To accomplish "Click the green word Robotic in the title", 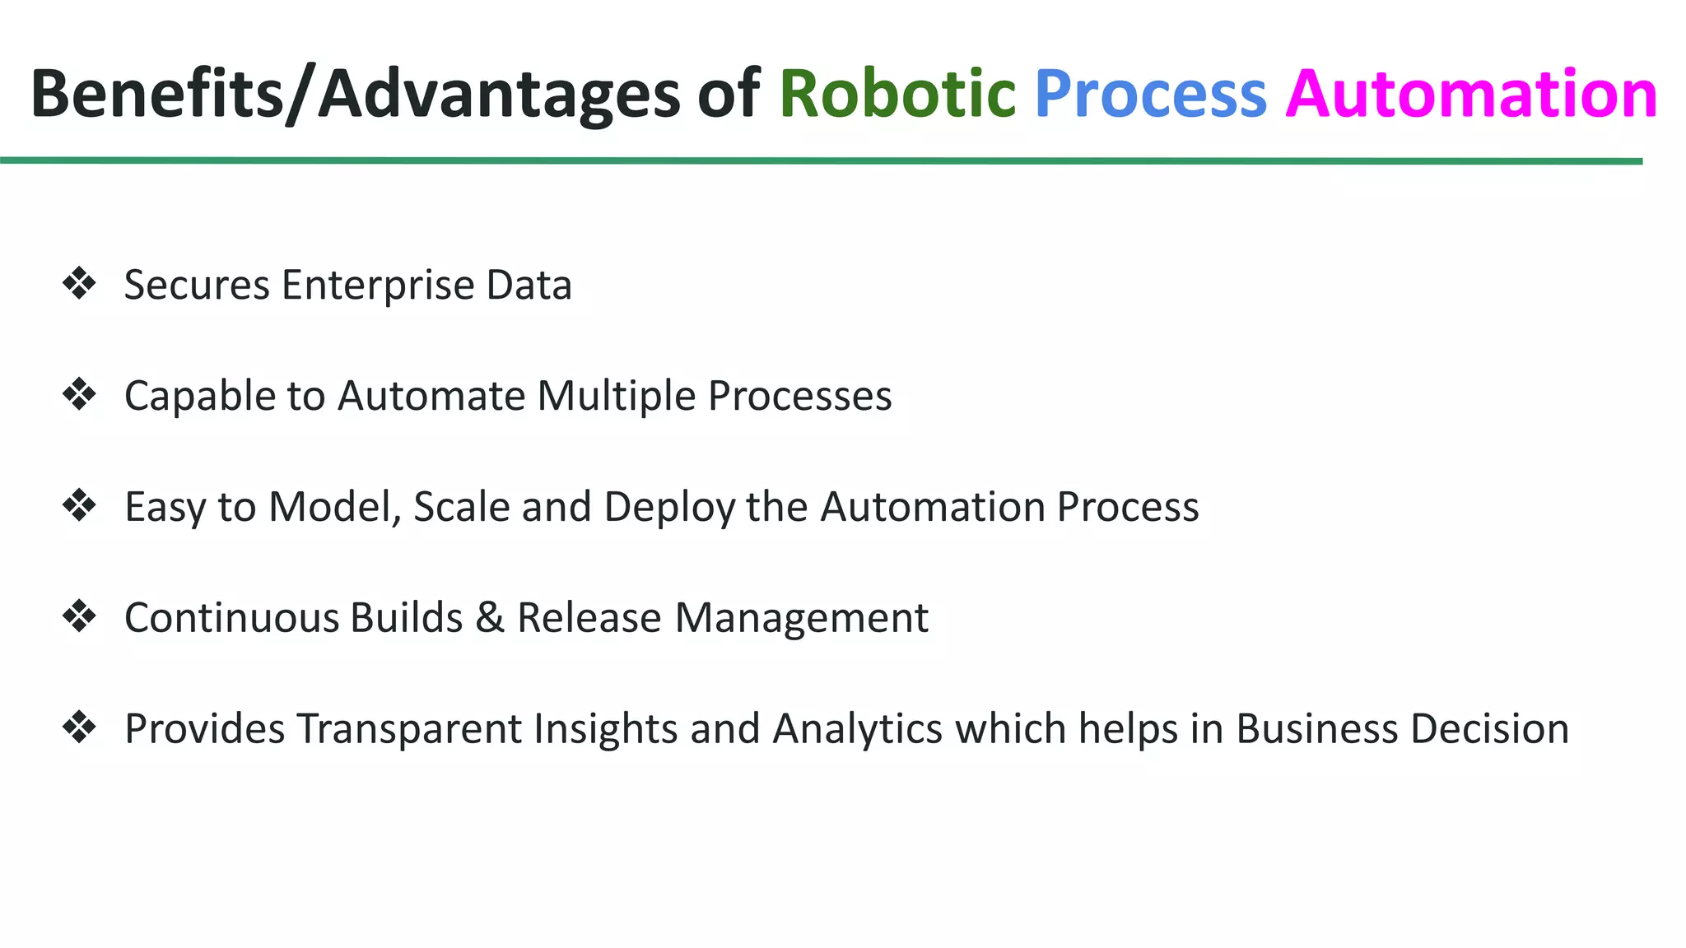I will pyautogui.click(x=897, y=94).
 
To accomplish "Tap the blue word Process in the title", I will pyautogui.click(x=1150, y=94).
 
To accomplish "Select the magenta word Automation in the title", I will pyautogui.click(x=1471, y=94).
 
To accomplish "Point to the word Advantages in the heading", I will pyautogui.click(x=499, y=95).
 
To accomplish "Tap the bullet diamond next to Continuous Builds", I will pyautogui.click(x=79, y=616).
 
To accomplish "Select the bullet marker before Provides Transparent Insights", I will pyautogui.click(x=79, y=727).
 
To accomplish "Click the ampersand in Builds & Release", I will pyautogui.click(x=490, y=617).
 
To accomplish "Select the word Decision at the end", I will pyautogui.click(x=1488, y=729).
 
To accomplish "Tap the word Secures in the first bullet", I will pyautogui.click(x=197, y=286).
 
